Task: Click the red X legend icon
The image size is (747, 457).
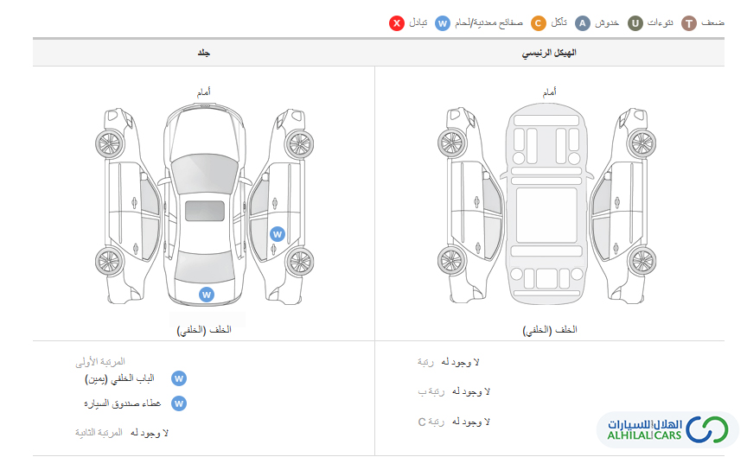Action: click(396, 22)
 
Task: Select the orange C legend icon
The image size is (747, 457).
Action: click(538, 22)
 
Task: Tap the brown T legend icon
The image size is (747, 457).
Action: click(689, 22)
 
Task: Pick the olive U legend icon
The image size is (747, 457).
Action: click(635, 22)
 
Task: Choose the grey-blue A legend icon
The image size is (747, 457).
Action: click(582, 22)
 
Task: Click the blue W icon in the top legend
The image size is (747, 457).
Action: click(443, 22)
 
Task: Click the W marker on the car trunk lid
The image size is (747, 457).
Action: click(207, 295)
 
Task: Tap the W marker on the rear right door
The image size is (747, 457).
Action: click(278, 234)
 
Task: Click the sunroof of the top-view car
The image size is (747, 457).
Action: click(205, 211)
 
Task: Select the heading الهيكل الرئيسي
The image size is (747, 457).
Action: click(549, 53)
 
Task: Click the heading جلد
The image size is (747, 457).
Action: click(204, 53)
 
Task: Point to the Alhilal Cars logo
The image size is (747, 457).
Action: click(667, 429)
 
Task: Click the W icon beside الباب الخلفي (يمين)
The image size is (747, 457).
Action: click(179, 378)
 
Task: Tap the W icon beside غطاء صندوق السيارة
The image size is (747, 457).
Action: click(179, 403)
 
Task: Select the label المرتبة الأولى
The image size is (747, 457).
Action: click(100, 362)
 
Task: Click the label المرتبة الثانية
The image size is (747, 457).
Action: click(99, 432)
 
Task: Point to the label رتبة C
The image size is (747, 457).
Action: click(431, 422)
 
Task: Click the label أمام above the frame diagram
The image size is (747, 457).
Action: click(549, 92)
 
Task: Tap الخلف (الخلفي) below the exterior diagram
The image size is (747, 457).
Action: click(204, 329)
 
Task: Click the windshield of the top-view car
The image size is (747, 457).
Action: click(205, 173)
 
